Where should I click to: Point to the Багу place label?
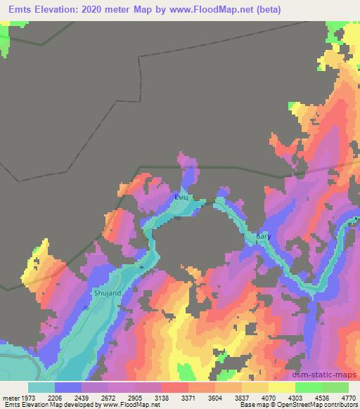tap(263, 238)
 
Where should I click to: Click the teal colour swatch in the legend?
tap(41, 387)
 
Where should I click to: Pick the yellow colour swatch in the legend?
tap(281, 387)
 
